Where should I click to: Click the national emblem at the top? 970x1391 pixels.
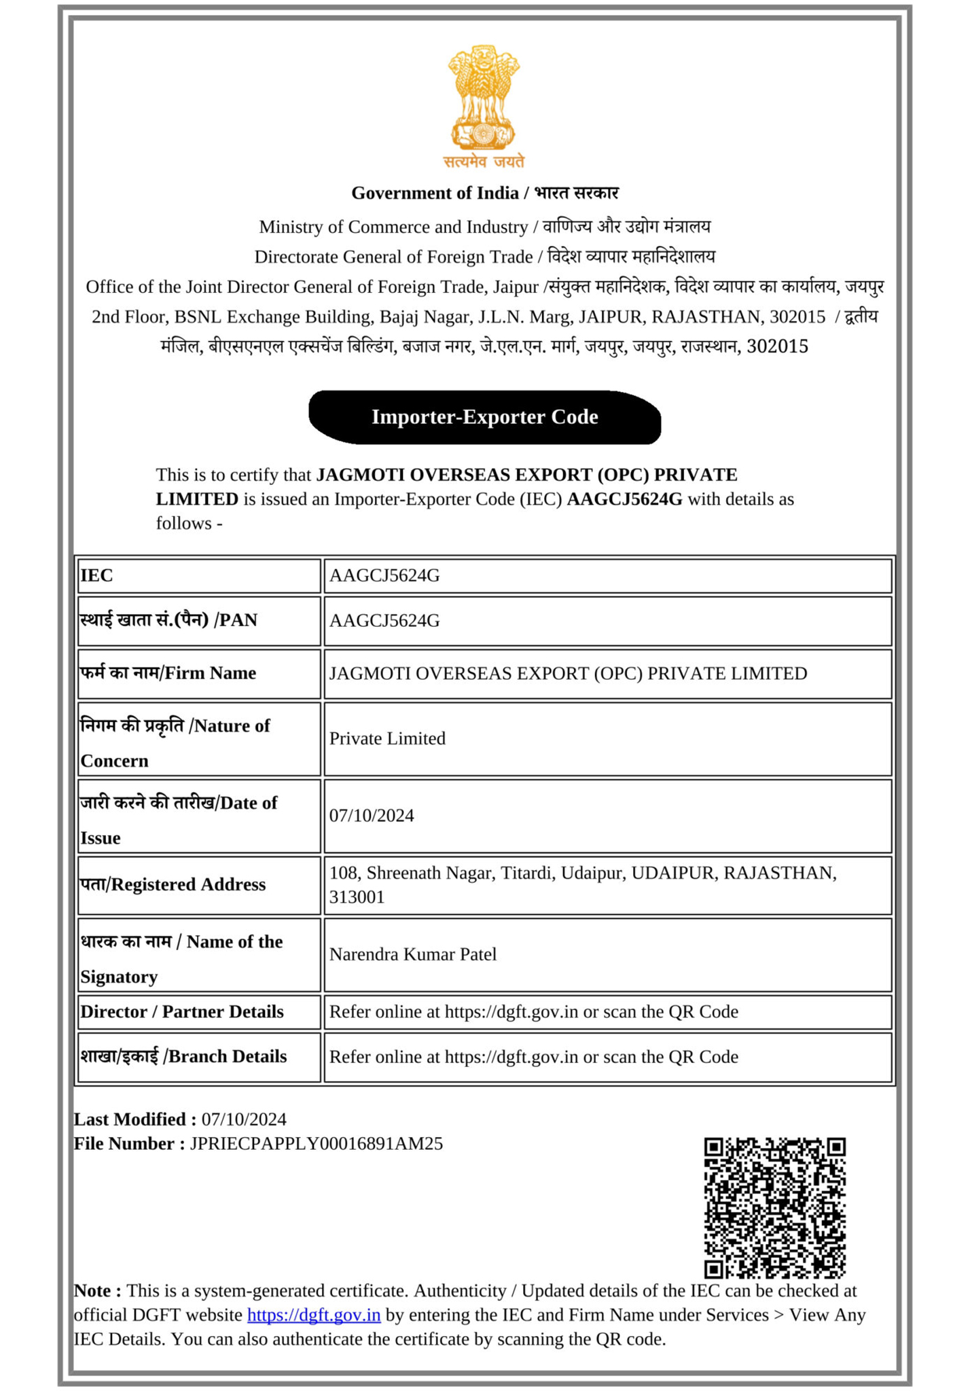(x=484, y=98)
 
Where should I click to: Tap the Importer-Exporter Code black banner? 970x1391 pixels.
(x=484, y=417)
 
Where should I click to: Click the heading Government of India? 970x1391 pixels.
(x=435, y=193)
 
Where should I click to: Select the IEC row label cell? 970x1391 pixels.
(x=198, y=576)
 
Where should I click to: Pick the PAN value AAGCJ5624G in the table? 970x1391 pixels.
(x=384, y=621)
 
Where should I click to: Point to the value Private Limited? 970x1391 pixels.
(x=387, y=739)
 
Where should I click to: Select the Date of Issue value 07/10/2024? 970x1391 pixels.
(x=372, y=816)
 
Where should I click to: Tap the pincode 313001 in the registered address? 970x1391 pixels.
(x=357, y=897)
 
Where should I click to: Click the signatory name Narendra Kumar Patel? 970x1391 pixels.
(x=413, y=954)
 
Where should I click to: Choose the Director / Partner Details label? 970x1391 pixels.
(x=182, y=1012)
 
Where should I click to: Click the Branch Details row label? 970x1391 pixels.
(x=184, y=1057)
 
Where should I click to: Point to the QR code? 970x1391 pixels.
(x=774, y=1207)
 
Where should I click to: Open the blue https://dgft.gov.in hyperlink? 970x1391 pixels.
(x=313, y=1315)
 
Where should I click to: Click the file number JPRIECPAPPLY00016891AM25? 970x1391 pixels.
(x=317, y=1144)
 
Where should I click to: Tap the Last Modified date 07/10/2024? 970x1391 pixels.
(x=244, y=1119)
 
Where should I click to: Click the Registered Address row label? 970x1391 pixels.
(x=173, y=885)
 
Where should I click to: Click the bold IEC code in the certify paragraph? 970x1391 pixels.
(x=624, y=499)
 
